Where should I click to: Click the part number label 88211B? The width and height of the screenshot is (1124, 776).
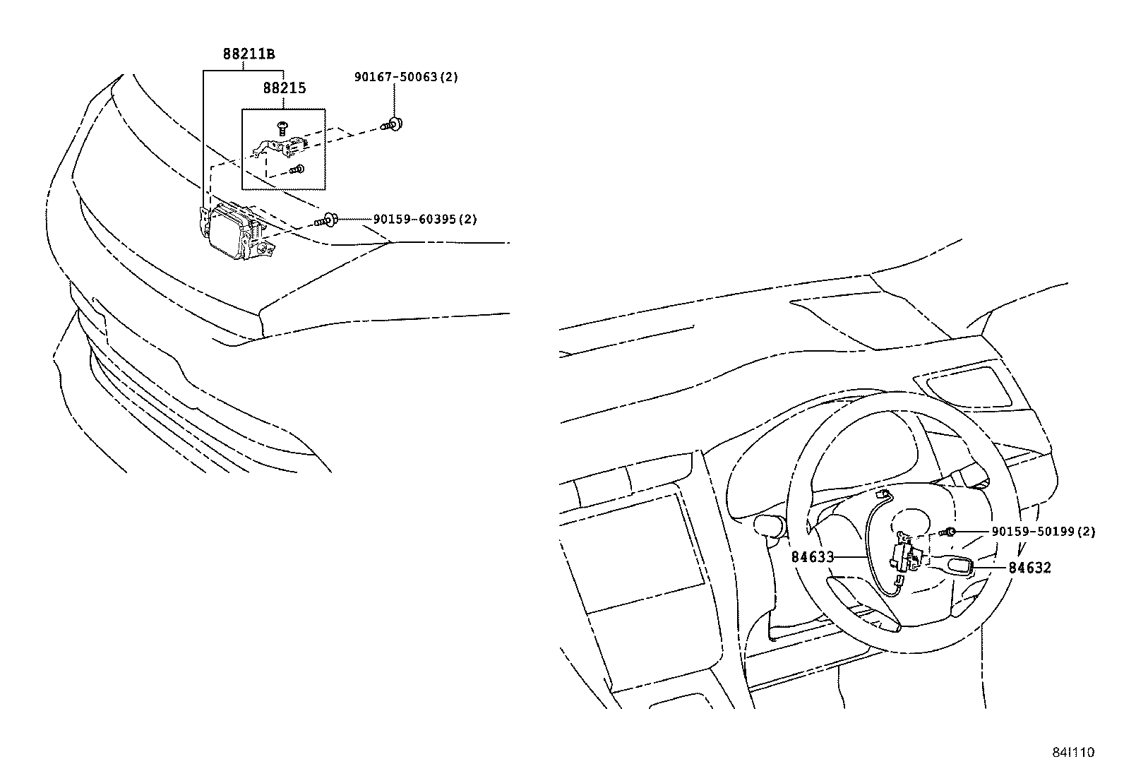tap(249, 54)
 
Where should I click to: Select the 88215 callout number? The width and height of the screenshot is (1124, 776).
tap(285, 89)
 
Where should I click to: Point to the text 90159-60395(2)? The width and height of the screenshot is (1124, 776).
tap(425, 220)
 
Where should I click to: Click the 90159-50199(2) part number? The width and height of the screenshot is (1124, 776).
tap(1043, 532)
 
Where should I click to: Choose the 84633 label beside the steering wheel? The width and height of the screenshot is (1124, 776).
tap(813, 557)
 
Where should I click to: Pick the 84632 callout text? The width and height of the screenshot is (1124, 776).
tap(1029, 568)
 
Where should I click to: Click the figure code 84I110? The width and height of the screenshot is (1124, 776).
tap(1075, 753)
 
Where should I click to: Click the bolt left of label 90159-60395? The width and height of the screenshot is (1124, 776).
tap(325, 221)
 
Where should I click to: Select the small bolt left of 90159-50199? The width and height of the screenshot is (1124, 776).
tap(947, 532)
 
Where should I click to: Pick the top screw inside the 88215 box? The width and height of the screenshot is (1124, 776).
tap(283, 127)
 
